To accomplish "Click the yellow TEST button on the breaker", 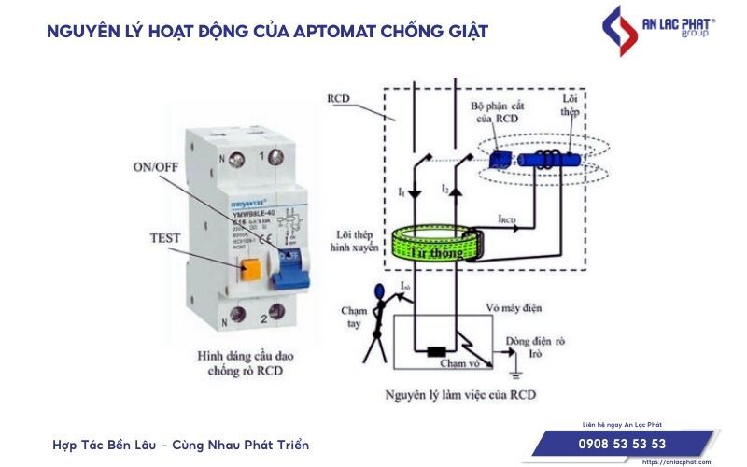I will coord(251,271).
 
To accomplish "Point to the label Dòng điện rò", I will coord(534,342).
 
